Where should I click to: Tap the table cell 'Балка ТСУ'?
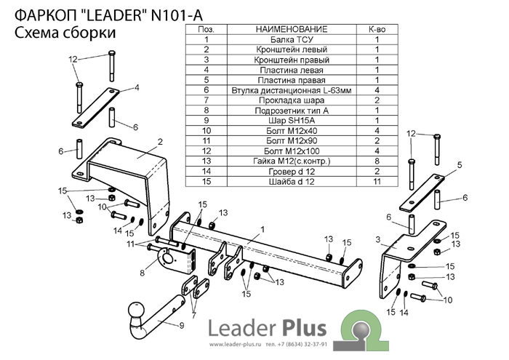tap(292, 39)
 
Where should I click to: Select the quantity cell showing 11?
tap(377, 181)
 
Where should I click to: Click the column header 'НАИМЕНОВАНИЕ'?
tap(292, 29)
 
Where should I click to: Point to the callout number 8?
tap(142, 273)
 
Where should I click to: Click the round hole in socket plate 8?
tap(168, 258)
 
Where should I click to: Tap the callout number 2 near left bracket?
tap(160, 142)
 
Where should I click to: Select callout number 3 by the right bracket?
tap(378, 240)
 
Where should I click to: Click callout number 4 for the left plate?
tap(137, 88)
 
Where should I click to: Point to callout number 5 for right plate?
tap(460, 165)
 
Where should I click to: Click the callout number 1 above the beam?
tap(262, 230)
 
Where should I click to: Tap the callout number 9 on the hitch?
tap(182, 325)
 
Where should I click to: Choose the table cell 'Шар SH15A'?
tap(292, 121)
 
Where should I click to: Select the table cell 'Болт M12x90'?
tap(292, 141)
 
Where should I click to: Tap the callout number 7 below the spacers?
tap(194, 315)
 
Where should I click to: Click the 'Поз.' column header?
tap(206, 29)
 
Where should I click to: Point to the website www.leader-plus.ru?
tap(235, 345)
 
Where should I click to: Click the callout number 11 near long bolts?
tap(130, 244)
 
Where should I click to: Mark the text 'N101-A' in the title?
tap(177, 15)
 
